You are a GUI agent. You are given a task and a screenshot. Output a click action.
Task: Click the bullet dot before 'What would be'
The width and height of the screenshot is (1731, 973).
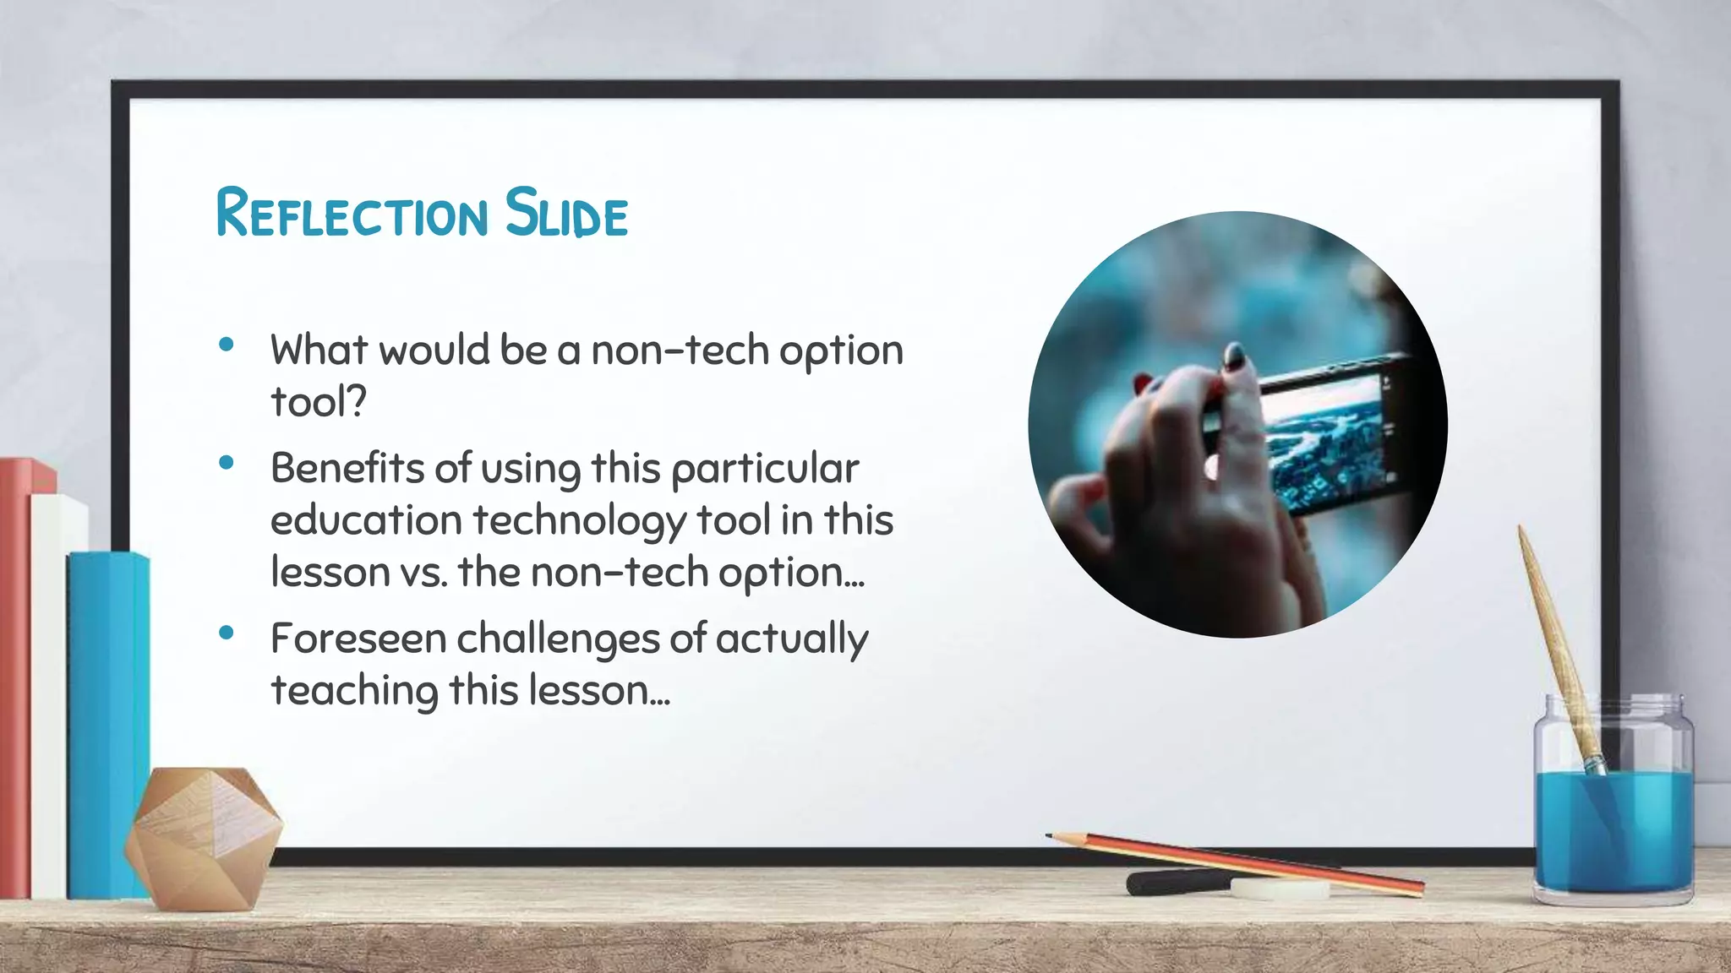coord(226,345)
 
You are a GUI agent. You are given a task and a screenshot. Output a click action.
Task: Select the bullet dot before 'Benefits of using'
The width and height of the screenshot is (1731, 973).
coord(226,463)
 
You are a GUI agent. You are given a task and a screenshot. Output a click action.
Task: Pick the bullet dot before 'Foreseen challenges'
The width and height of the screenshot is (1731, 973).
coord(226,633)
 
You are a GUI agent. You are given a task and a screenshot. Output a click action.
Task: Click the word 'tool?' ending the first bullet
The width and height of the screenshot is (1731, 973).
coord(319,401)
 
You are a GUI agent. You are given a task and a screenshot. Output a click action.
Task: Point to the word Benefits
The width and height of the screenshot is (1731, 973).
coord(347,468)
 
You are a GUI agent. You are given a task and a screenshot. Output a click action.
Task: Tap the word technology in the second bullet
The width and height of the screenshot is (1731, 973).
coord(579,520)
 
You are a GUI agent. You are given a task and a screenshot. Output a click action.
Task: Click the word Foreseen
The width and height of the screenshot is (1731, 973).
coord(358,639)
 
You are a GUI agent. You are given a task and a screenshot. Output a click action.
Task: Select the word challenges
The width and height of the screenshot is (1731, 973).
coord(558,639)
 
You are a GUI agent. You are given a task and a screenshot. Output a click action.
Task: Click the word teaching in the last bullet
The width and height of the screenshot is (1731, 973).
coord(354,691)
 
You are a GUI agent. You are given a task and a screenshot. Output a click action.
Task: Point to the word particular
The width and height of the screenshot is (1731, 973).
coord(765,470)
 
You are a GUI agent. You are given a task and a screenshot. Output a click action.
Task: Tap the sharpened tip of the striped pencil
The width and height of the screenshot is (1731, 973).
coord(1051,836)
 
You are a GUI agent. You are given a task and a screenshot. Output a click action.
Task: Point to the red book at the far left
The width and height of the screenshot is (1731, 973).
coord(15,676)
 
